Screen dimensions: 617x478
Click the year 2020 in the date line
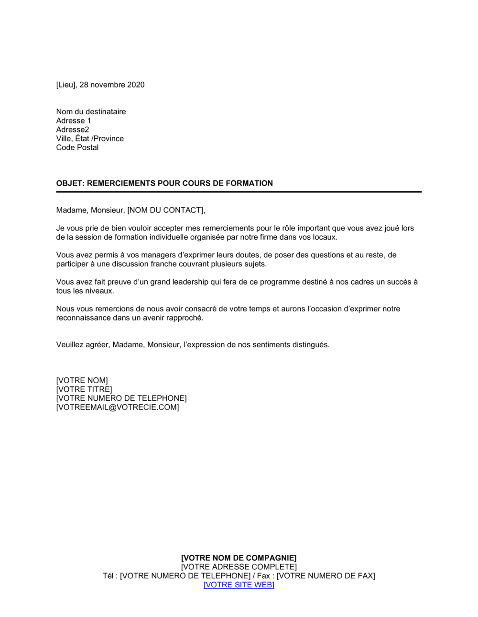pos(136,85)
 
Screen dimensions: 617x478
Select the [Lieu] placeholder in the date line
pos(66,85)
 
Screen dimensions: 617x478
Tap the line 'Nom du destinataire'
pos(91,112)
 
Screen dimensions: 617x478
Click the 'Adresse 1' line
pos(74,121)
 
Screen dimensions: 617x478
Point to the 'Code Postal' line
pos(77,148)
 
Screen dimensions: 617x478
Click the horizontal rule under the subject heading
pos(239,192)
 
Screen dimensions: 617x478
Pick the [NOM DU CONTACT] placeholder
pos(165,210)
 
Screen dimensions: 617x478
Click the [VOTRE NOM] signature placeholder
pos(82,381)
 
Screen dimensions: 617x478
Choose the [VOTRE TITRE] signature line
pos(84,390)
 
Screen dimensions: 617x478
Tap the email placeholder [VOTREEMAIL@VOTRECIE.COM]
pos(118,408)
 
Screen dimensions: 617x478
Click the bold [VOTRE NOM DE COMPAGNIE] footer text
pos(239,558)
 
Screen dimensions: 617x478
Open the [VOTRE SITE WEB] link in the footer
pos(239,585)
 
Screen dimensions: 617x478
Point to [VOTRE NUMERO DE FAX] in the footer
pos(326,576)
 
